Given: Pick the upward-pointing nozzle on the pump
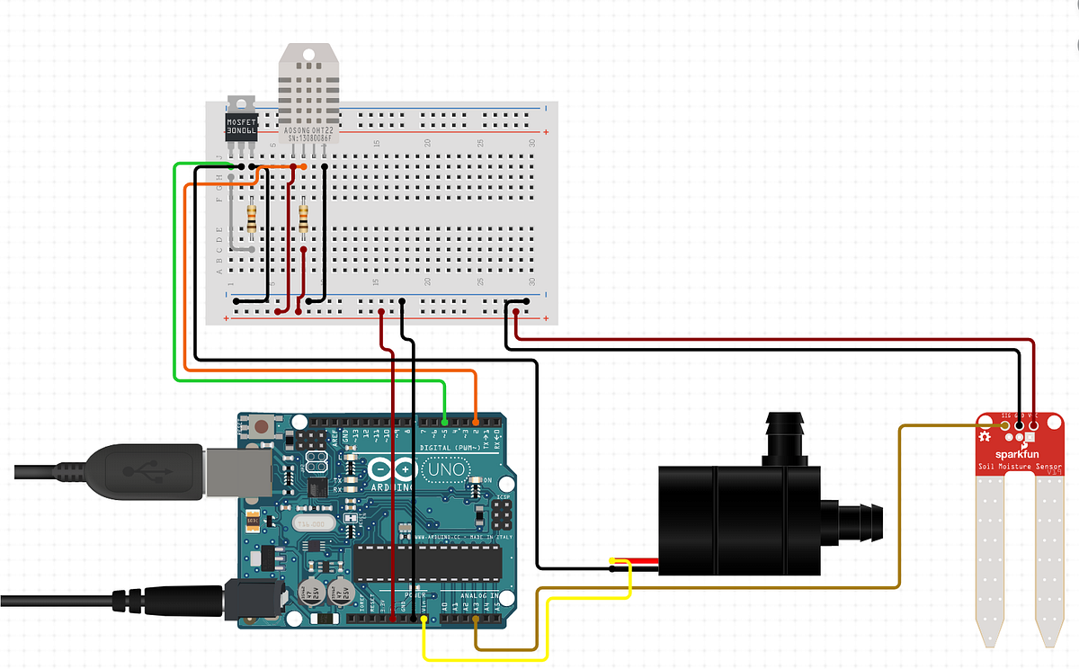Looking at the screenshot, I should coord(781,435).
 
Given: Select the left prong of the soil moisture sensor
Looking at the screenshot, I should coord(992,557).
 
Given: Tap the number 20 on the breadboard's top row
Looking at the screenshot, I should coord(429,143).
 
